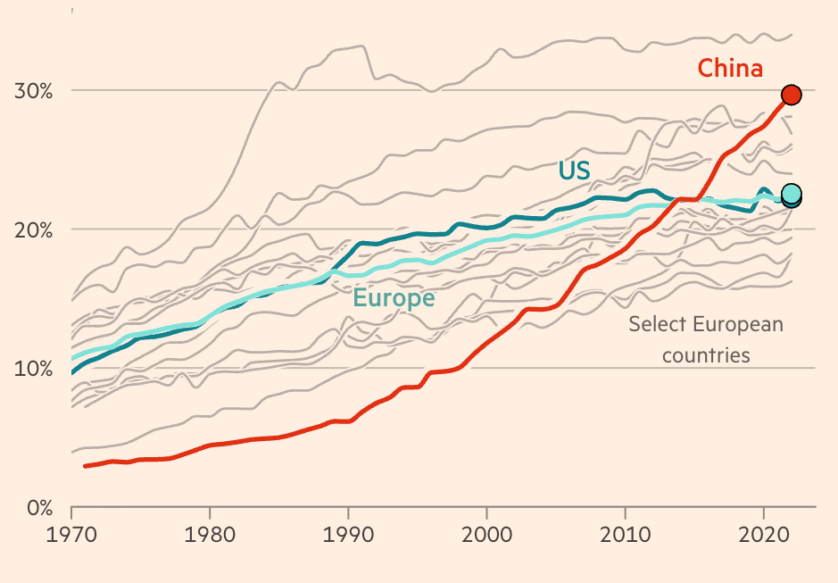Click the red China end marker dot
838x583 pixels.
click(x=791, y=95)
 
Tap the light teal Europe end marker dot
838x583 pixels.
click(x=791, y=193)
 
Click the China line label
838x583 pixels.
click(x=730, y=68)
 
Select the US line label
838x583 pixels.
click(x=574, y=170)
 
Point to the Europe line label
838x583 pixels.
click(x=394, y=298)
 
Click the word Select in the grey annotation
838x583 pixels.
click(x=659, y=323)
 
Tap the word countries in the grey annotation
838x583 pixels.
click(x=705, y=354)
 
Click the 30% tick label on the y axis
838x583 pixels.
click(x=33, y=90)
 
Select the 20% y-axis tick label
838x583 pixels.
click(x=33, y=229)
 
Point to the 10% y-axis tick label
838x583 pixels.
click(x=33, y=368)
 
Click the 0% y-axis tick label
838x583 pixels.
click(x=38, y=507)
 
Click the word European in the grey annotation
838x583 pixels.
click(x=740, y=323)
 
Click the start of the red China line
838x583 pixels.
click(x=85, y=466)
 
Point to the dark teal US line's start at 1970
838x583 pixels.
click(x=72, y=372)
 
